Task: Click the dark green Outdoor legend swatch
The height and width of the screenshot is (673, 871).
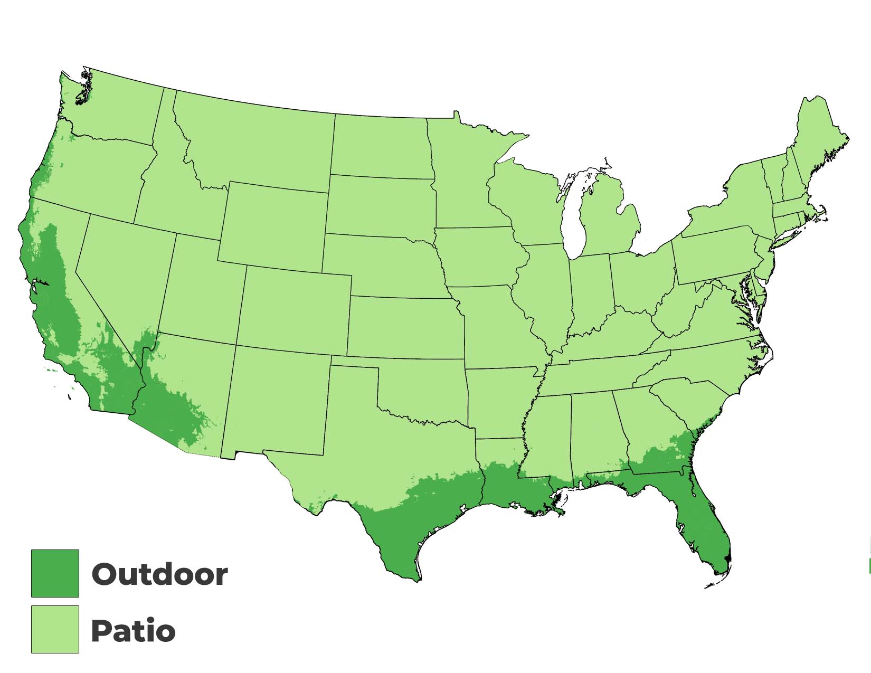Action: pyautogui.click(x=55, y=573)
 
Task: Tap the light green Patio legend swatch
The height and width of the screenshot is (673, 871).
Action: pyautogui.click(x=55, y=629)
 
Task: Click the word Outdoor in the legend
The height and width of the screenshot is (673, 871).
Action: pyautogui.click(x=159, y=574)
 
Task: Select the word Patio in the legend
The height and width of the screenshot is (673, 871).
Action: pyautogui.click(x=133, y=631)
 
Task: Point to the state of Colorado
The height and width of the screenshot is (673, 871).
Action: pyautogui.click(x=295, y=309)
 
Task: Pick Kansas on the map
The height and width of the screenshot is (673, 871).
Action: pyautogui.click(x=404, y=327)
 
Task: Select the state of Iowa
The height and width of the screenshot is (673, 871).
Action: pyautogui.click(x=478, y=259)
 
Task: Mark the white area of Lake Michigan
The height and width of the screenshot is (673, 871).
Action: pyautogui.click(x=572, y=222)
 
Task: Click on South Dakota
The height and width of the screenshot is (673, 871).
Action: pyautogui.click(x=380, y=206)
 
